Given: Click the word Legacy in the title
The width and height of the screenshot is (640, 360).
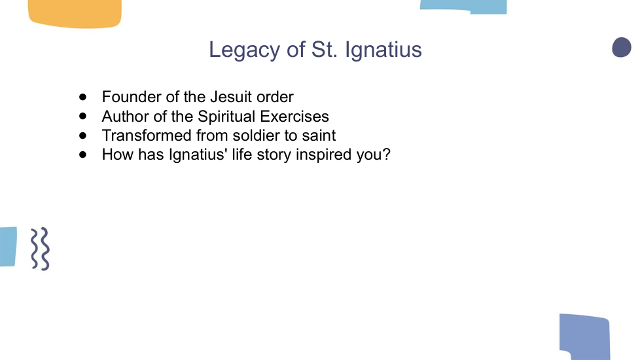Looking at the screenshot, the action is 245,50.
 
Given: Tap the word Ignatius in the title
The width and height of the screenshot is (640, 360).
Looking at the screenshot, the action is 383,50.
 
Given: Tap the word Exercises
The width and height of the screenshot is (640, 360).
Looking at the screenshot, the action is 294,117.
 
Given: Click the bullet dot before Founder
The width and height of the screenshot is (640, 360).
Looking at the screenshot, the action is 83,97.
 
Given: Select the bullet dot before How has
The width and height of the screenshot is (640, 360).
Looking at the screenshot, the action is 83,154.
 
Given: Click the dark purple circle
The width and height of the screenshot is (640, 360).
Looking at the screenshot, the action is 622,47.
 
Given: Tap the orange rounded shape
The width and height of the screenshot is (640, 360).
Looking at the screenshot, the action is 75,14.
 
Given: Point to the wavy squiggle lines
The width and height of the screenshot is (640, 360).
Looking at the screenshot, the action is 41,249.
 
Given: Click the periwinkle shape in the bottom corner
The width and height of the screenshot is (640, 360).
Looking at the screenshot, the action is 585,336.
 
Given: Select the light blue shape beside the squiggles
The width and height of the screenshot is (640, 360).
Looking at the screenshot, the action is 8,247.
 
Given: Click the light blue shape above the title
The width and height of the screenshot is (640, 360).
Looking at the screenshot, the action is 463,7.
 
